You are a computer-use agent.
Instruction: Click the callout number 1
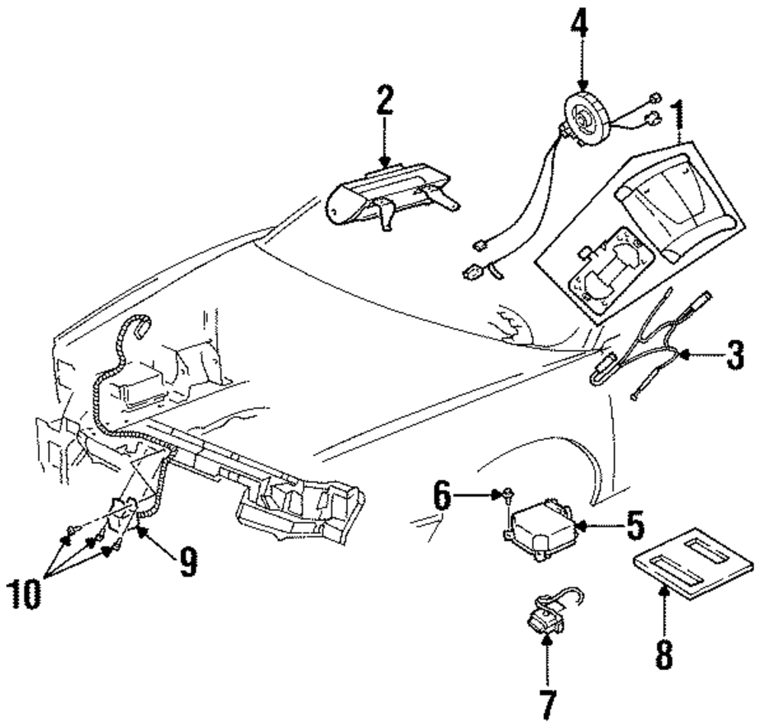678,116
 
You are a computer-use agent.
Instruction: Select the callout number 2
384,100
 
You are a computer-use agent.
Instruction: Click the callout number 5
635,525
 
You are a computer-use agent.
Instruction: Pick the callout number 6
442,496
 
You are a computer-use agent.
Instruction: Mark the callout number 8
664,654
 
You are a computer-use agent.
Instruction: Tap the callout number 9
188,562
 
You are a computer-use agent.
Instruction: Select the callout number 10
24,594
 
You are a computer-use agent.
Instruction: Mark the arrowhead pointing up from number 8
663,592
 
